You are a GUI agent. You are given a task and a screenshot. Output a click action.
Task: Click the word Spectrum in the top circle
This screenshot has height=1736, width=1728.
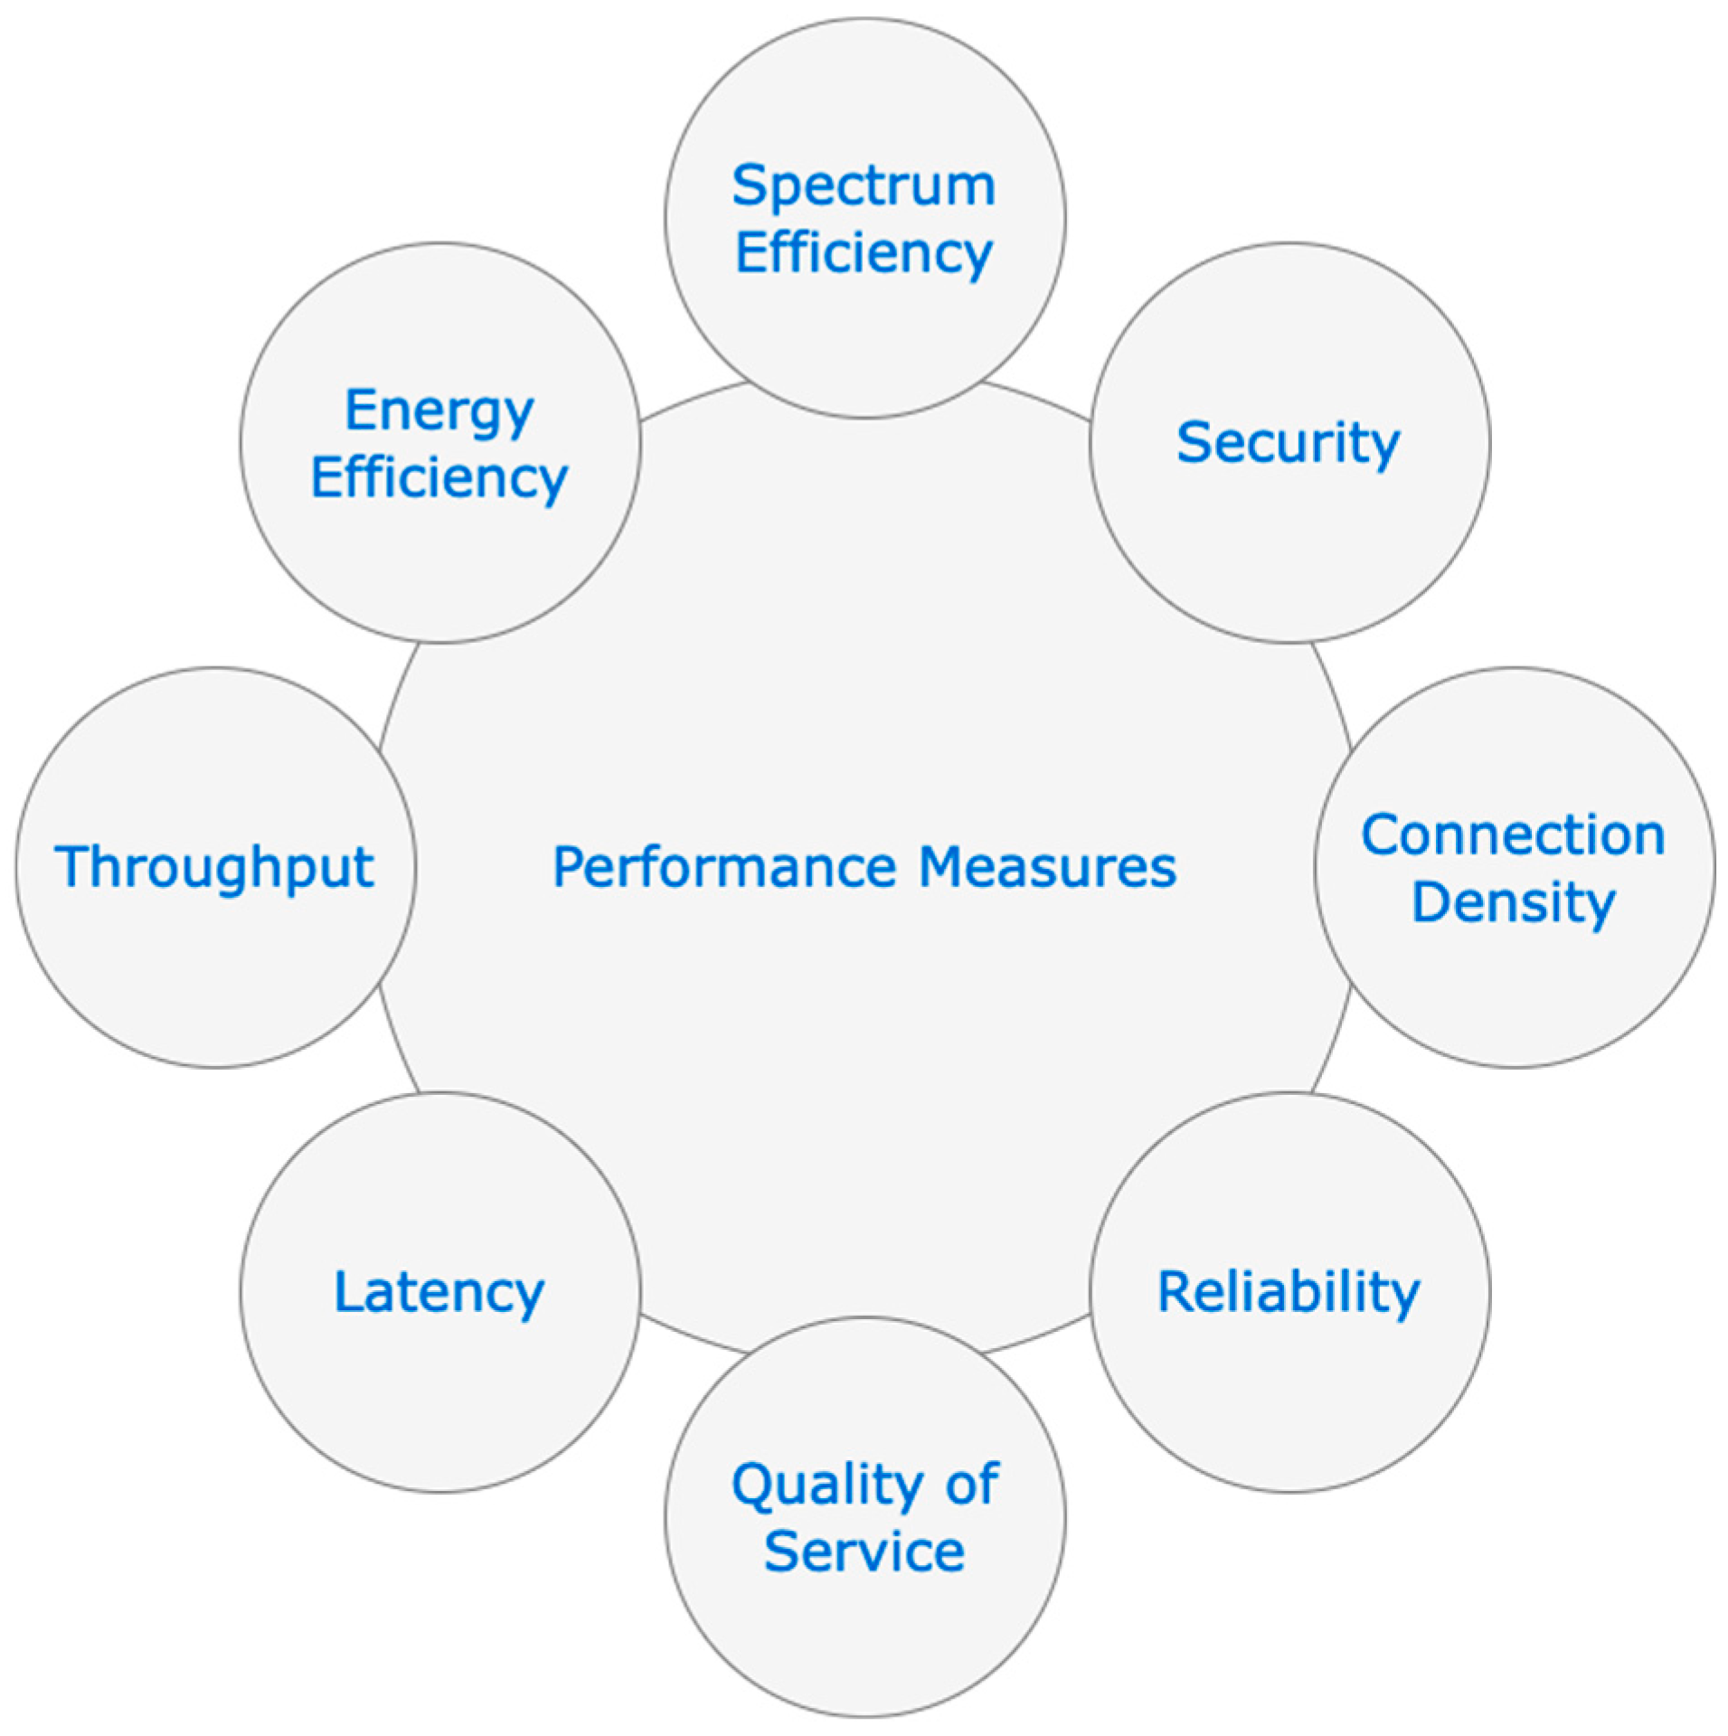point(864,186)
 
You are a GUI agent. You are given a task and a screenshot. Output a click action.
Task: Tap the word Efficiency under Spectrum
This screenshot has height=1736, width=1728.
point(864,252)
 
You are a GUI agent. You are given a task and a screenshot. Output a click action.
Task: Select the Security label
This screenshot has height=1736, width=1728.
point(1288,443)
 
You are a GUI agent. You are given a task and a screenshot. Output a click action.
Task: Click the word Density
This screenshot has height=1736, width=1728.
point(1513,901)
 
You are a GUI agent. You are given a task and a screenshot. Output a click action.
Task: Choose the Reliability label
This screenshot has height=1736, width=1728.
point(1289,1291)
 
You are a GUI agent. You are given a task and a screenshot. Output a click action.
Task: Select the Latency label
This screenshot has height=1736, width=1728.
point(439,1292)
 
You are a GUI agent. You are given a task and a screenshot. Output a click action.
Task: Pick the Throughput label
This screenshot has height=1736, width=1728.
point(214,867)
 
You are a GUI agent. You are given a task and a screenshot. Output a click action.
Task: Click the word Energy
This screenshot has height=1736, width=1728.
point(439,411)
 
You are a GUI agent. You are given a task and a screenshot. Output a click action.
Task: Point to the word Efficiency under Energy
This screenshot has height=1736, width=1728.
point(439,477)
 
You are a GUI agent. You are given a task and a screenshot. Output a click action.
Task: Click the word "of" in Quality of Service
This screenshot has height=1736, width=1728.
point(972,1485)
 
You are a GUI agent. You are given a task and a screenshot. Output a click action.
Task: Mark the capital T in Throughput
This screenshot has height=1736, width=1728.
point(71,865)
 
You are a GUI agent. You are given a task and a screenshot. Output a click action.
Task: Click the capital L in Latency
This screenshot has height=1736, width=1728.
point(348,1290)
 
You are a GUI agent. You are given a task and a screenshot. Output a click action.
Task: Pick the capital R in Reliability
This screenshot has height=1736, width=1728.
point(1175,1290)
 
